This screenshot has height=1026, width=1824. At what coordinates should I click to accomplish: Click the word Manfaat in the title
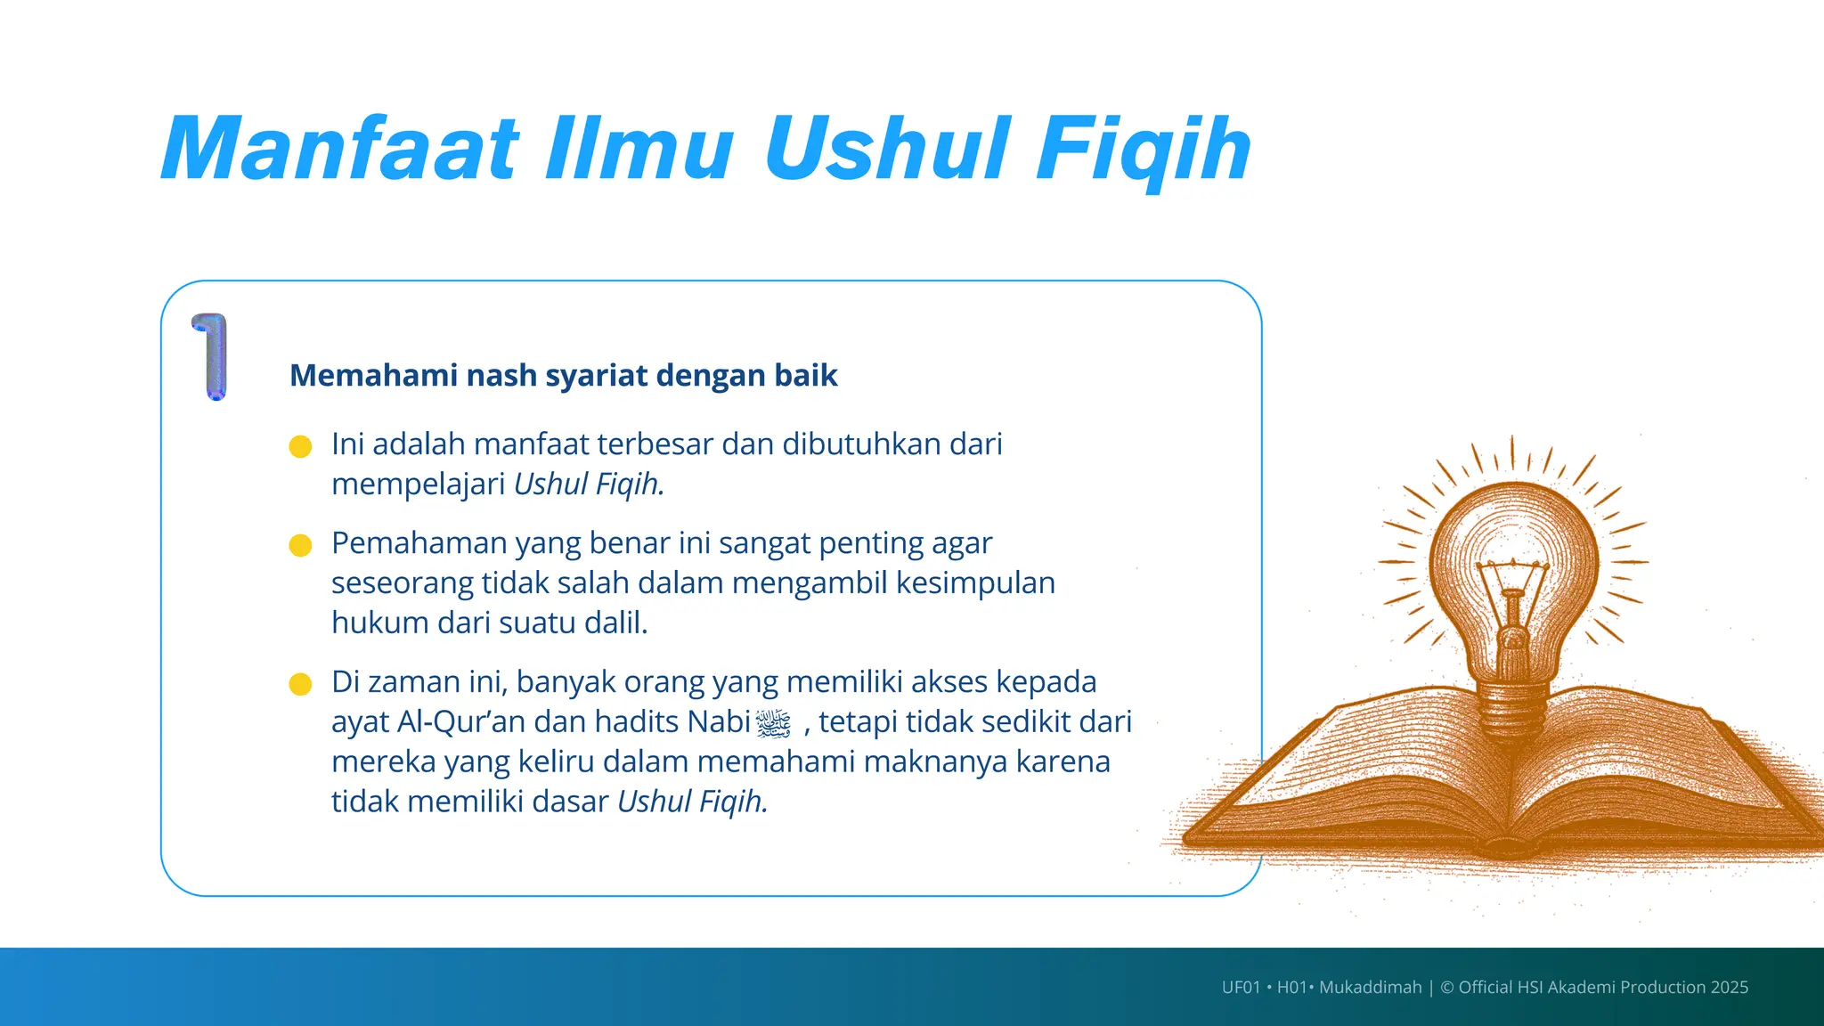point(340,149)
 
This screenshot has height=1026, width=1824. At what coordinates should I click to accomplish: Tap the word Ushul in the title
point(887,149)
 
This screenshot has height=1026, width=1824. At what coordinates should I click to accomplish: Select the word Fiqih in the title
point(1144,149)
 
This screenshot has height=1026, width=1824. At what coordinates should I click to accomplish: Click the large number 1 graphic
point(212,356)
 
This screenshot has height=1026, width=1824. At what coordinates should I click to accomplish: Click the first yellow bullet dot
point(301,446)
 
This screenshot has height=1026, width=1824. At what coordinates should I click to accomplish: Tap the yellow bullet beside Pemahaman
point(301,545)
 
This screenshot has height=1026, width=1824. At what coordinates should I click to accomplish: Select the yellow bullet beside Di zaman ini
point(301,684)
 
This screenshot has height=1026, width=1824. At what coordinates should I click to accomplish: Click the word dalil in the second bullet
point(615,623)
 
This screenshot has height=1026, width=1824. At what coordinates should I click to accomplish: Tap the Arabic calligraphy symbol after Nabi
point(773,723)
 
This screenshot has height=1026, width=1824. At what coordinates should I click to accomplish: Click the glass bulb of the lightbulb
point(1513,552)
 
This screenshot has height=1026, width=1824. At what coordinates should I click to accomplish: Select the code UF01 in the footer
point(1241,987)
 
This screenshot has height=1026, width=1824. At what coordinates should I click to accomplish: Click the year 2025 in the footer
point(1729,987)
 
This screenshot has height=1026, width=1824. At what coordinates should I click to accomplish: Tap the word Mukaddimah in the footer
point(1370,987)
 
